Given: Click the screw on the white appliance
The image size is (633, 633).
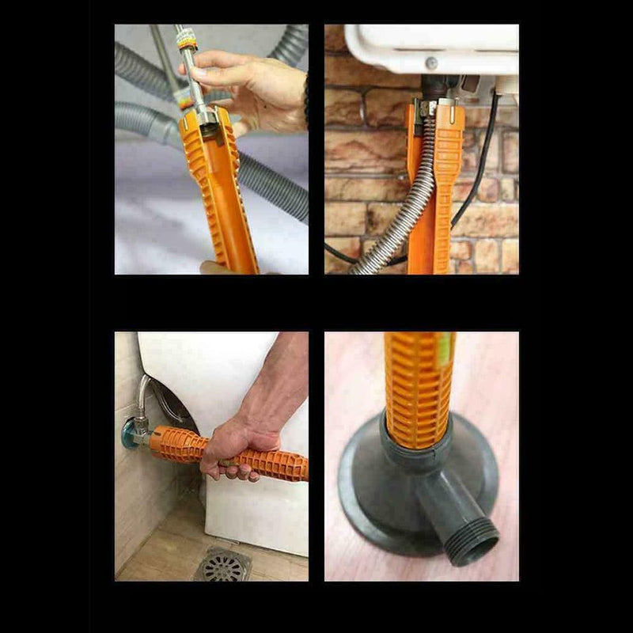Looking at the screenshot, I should point(432,63).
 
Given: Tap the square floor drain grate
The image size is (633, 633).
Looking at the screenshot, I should point(222,564).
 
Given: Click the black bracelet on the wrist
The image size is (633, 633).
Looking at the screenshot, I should point(305,99).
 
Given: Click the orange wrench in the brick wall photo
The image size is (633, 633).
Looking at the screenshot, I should point(435,190).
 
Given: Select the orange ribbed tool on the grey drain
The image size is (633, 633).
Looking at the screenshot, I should point(419,388).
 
